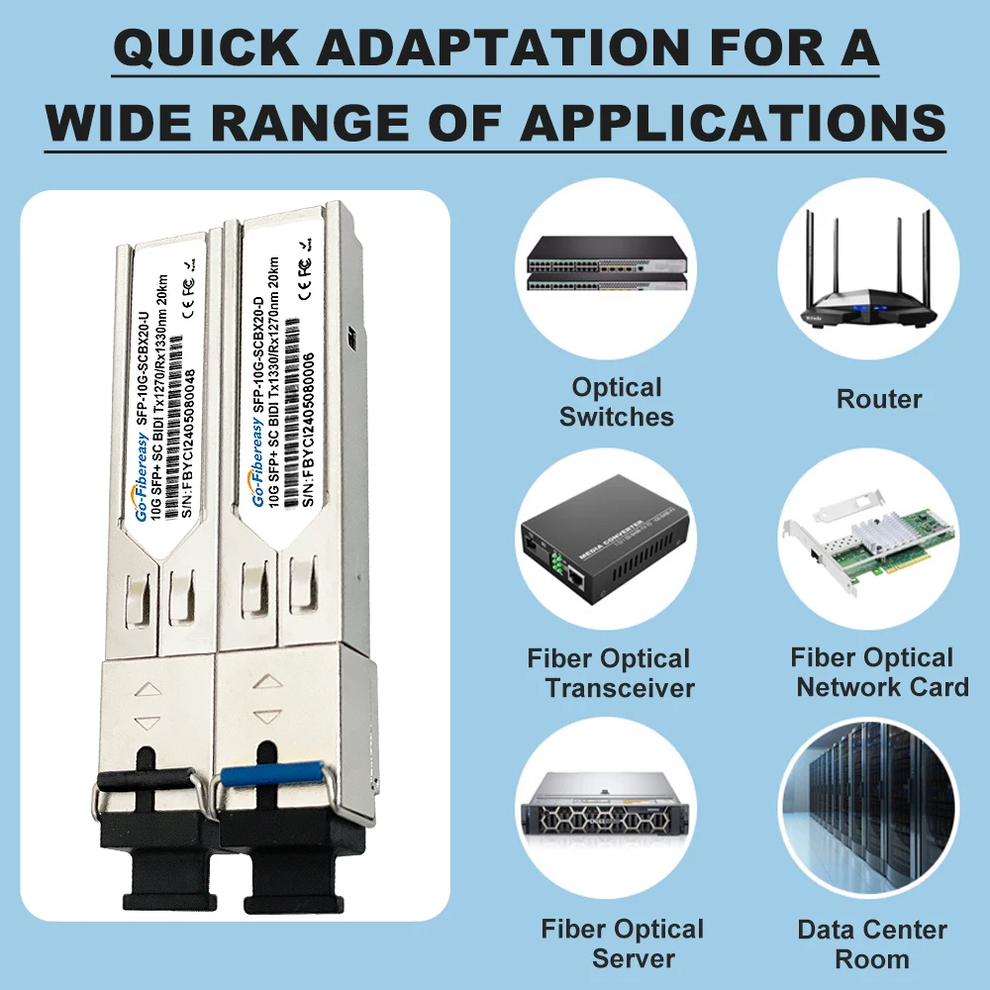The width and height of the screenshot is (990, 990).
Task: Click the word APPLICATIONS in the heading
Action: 734,122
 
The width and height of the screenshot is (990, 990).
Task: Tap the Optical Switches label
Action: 617,402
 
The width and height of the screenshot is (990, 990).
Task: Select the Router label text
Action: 879,399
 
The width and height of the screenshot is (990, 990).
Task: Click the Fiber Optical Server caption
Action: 622,943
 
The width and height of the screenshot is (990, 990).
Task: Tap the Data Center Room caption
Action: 872,943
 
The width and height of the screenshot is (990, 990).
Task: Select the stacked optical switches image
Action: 606,263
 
